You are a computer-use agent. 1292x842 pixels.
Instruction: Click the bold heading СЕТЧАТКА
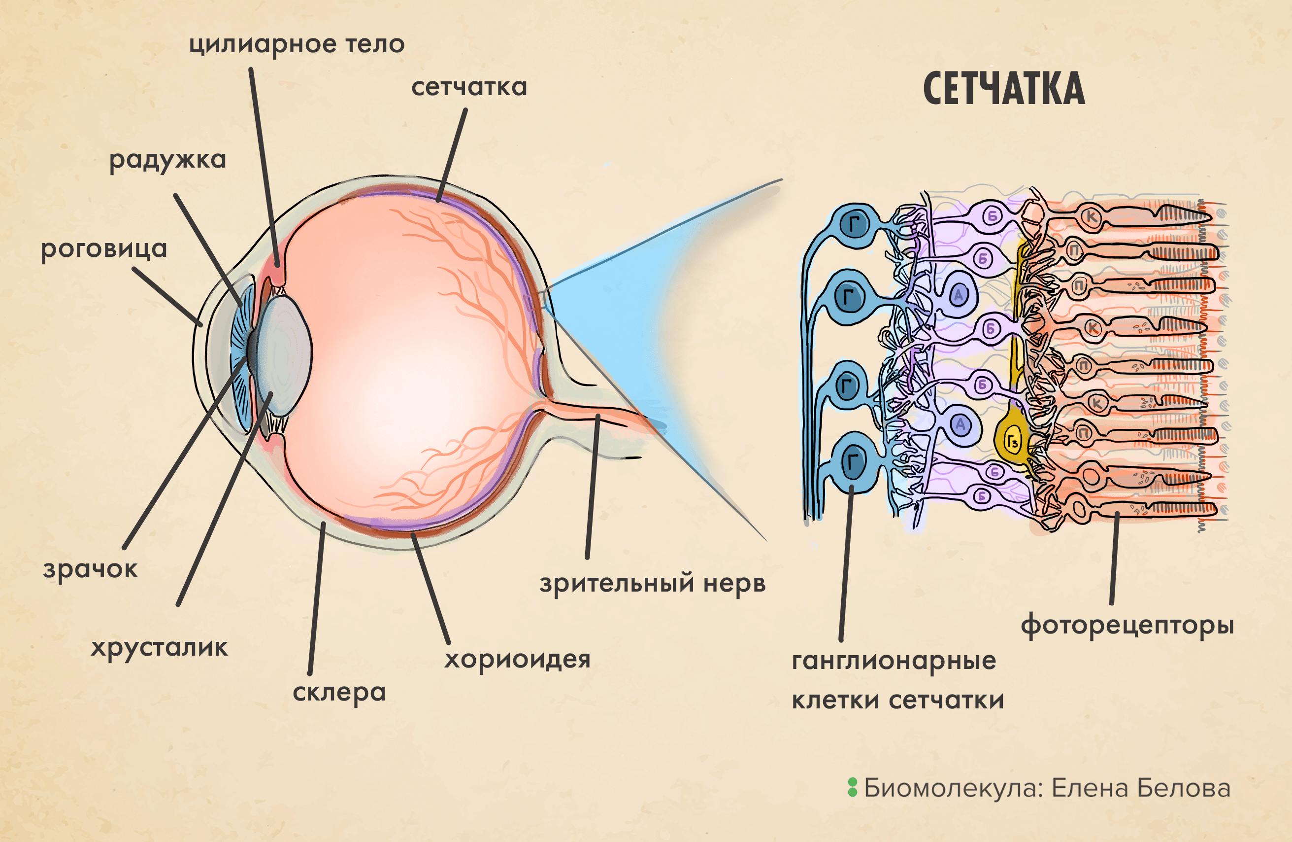click(x=1004, y=90)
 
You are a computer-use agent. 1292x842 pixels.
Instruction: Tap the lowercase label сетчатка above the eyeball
click(x=469, y=87)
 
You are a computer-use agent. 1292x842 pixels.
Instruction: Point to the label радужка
click(x=167, y=160)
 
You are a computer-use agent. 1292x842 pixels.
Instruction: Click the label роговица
click(x=104, y=249)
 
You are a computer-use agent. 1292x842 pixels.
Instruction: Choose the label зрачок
click(x=90, y=569)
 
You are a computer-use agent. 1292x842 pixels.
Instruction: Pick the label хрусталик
click(x=159, y=648)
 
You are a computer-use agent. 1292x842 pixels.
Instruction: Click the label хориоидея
click(x=517, y=659)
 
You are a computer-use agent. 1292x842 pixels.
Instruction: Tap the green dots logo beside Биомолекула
click(x=852, y=788)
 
